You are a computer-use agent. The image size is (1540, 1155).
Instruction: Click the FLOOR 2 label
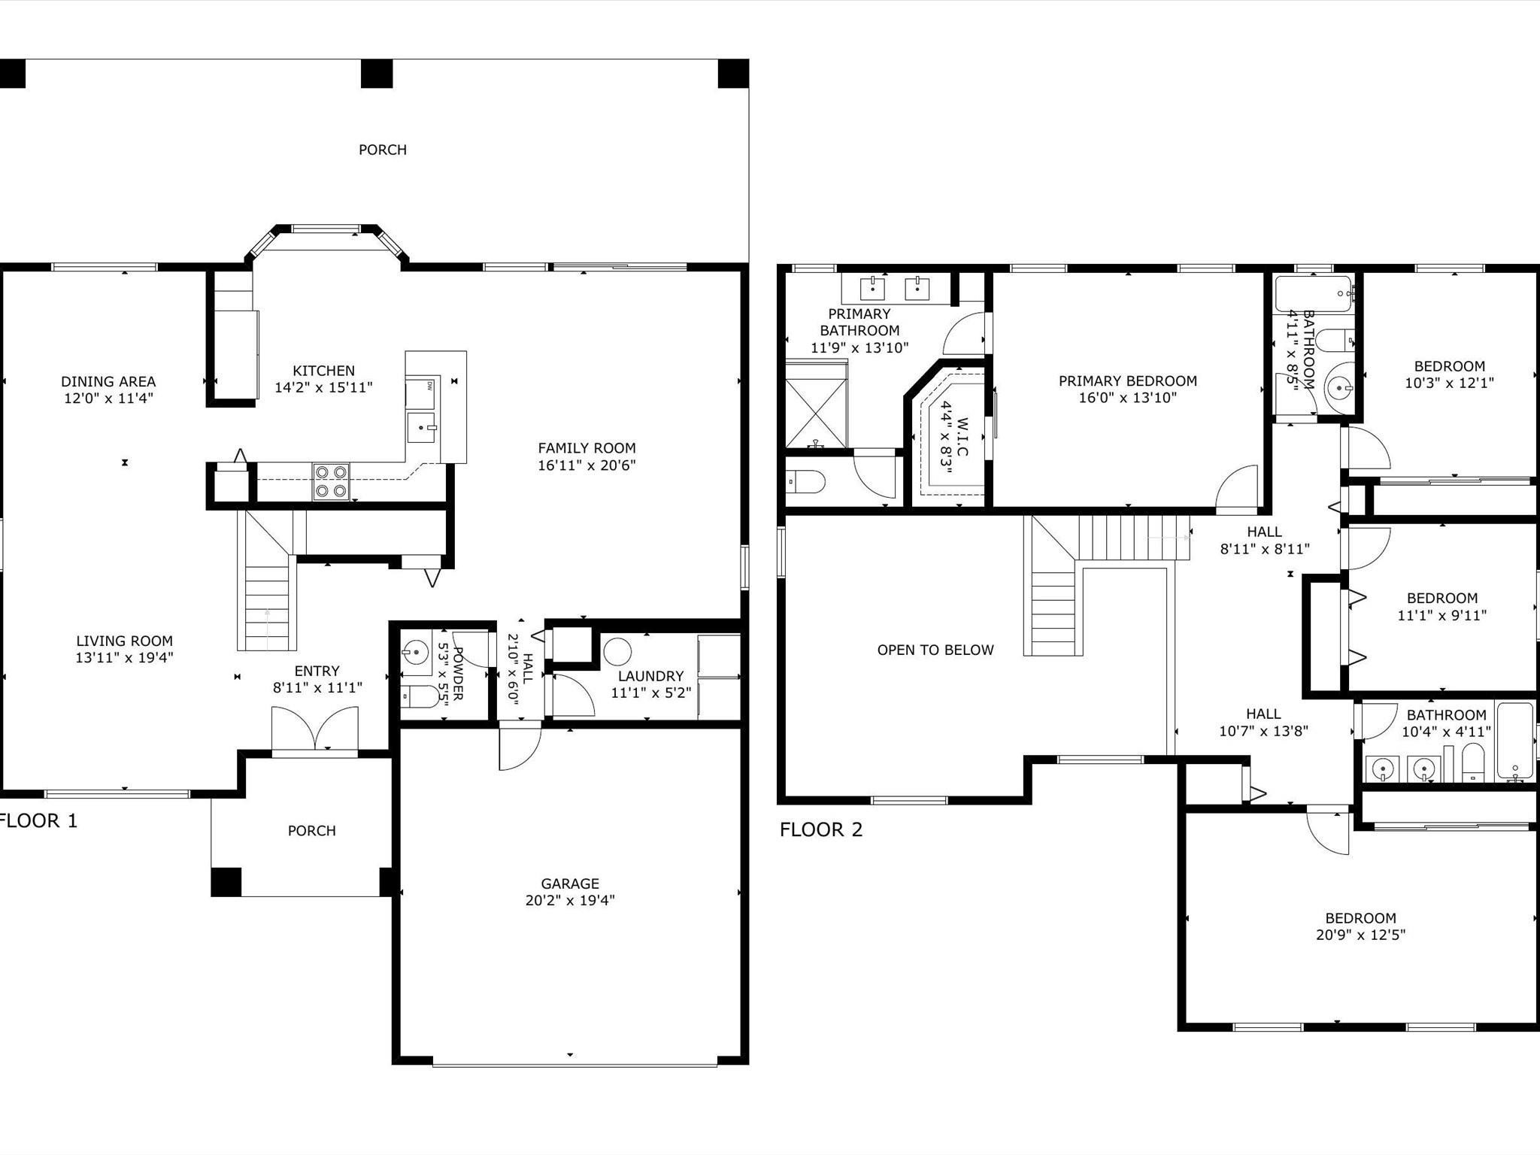(x=820, y=830)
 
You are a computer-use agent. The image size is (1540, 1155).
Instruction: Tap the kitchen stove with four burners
(x=332, y=481)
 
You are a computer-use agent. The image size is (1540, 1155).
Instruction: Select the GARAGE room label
(x=570, y=884)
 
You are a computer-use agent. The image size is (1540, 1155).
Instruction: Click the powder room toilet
(x=417, y=697)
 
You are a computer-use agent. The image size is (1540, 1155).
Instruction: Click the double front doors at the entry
(x=315, y=729)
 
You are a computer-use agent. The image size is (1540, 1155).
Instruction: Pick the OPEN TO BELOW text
(x=935, y=650)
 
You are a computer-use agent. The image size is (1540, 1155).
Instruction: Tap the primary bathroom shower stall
(x=816, y=414)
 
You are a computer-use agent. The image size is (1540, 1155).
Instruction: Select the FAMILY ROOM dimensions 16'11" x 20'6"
(x=587, y=465)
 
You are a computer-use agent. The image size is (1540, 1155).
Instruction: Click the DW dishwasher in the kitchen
(x=421, y=393)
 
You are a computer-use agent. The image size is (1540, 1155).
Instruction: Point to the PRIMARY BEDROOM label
(x=1127, y=381)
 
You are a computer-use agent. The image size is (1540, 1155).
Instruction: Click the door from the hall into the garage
(x=519, y=746)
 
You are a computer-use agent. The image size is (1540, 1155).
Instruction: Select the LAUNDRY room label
(x=650, y=676)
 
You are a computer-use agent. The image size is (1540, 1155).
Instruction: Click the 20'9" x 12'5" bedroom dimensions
(x=1360, y=935)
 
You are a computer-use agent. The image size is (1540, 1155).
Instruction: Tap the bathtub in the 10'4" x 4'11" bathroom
(x=1514, y=741)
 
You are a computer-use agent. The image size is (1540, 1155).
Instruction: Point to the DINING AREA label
(x=108, y=381)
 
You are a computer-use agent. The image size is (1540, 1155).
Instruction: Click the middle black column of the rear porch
(x=377, y=74)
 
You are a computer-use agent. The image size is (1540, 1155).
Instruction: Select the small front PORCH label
(x=311, y=831)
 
